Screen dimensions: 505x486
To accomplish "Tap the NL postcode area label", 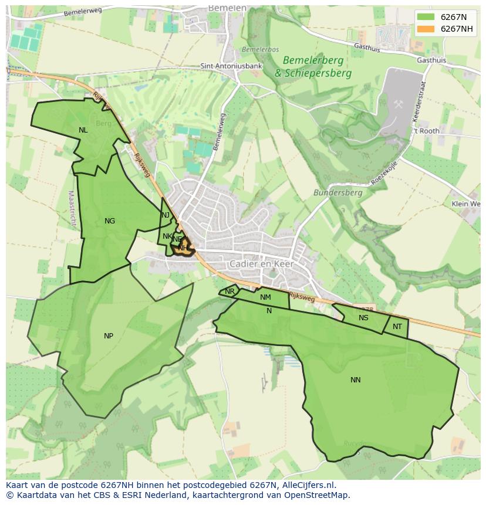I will point(83,130).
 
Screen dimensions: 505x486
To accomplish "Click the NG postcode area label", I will point(110,221).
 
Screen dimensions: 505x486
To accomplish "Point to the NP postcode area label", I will point(109,336).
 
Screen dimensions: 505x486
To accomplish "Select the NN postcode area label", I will point(355,380).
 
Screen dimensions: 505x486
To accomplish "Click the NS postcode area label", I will point(363,318).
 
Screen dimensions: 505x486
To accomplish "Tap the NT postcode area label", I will point(397,327).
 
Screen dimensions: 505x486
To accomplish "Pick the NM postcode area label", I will point(265,298).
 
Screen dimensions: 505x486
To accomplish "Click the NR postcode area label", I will point(230,292).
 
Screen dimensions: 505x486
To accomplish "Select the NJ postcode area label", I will point(166,215).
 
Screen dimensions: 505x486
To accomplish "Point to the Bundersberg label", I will point(338,192).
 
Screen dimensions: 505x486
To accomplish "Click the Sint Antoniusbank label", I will point(231,66).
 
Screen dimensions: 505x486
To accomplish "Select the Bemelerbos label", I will point(260,50).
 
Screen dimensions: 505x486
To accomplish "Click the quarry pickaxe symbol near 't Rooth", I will point(399,104).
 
